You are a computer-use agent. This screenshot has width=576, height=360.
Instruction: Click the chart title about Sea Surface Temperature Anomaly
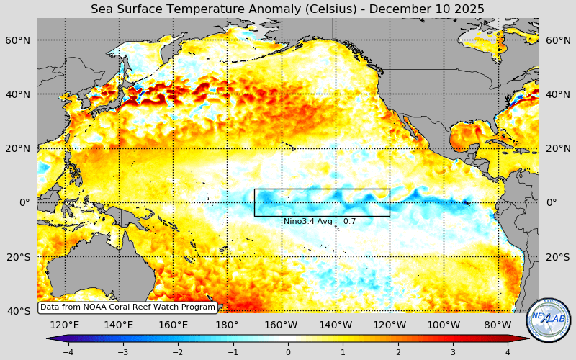[287, 9]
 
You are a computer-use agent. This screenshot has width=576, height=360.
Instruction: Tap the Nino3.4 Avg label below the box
[319, 221]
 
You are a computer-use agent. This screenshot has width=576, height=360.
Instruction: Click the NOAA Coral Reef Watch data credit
[127, 307]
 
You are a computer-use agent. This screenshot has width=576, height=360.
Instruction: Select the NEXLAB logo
[549, 320]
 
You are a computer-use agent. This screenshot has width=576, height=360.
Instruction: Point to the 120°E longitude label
[65, 325]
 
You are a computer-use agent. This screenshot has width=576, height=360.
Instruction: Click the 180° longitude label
[227, 325]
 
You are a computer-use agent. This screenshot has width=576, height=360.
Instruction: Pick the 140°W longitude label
[336, 325]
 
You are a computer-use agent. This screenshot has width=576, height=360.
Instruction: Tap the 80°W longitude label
[498, 325]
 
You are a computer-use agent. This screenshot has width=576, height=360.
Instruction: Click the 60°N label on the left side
[18, 40]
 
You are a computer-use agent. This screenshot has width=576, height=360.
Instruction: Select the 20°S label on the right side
[557, 257]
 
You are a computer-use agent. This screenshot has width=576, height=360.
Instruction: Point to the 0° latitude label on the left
[24, 202]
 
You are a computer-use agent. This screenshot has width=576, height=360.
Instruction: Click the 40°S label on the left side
[18, 311]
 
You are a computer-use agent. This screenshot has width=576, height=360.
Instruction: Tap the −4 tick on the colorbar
[68, 352]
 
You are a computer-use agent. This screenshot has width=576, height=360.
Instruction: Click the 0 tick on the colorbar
[288, 352]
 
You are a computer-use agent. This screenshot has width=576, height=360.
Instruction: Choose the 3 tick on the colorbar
[453, 352]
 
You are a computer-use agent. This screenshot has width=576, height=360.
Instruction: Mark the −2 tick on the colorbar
[178, 352]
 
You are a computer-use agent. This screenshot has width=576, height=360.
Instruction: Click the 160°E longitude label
[173, 325]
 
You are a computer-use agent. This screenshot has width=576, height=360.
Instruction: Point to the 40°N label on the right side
[557, 94]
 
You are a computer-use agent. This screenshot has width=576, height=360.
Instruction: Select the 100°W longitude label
[444, 325]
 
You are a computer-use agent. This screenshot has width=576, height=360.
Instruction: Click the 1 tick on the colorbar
[343, 352]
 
